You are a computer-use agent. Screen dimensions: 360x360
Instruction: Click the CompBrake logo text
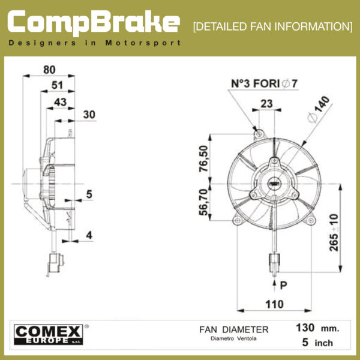(x=94, y=23)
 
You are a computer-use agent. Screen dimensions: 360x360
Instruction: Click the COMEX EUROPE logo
(x=49, y=335)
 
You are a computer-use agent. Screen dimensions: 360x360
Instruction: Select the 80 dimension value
(x=49, y=70)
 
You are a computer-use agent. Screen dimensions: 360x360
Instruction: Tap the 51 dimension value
(x=57, y=85)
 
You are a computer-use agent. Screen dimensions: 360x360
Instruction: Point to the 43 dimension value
(x=60, y=102)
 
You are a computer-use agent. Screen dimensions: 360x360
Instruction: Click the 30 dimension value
(x=89, y=115)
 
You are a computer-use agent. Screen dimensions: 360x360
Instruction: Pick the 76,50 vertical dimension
(x=203, y=158)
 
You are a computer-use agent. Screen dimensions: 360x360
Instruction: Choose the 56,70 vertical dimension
(x=203, y=202)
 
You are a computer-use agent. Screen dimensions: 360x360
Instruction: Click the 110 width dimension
(x=274, y=304)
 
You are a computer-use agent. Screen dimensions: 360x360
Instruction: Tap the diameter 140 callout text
(x=319, y=109)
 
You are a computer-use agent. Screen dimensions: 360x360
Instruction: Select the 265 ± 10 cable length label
(x=334, y=233)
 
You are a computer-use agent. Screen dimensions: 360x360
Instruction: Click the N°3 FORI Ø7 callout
(x=264, y=83)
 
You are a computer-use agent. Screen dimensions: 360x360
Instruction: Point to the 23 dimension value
(x=266, y=104)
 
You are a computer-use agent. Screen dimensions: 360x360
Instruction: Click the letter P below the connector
(x=284, y=286)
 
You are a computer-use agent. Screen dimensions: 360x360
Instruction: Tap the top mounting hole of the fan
(x=259, y=134)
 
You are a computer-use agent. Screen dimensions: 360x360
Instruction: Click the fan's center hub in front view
(x=274, y=184)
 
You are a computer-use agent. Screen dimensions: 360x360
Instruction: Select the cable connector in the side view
(x=55, y=263)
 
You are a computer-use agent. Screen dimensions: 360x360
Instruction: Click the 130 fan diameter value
(x=305, y=328)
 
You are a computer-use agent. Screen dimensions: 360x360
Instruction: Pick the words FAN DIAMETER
(x=234, y=329)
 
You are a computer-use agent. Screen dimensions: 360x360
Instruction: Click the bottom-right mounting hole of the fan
(x=310, y=221)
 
